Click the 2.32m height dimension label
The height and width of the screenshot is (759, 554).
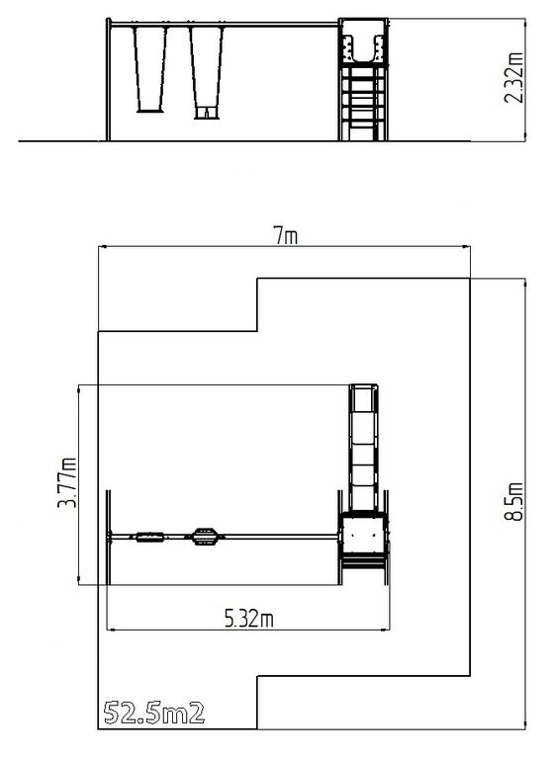tap(513, 77)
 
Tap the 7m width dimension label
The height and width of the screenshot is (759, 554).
tap(286, 236)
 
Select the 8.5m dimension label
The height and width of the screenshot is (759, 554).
tap(513, 501)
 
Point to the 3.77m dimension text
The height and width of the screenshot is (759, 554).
tap(67, 482)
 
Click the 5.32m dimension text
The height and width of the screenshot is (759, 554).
tap(248, 618)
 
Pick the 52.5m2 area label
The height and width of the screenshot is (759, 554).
tap(153, 713)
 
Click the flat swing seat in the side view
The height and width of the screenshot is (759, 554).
tap(150, 111)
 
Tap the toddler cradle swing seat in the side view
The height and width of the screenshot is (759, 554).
tap(207, 113)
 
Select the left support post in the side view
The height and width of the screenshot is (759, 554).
tap(109, 80)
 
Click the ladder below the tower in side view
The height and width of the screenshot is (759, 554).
tap(363, 103)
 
